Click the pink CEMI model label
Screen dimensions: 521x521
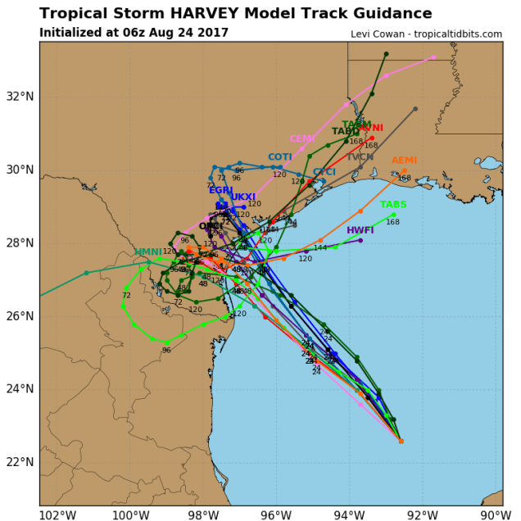[302, 139]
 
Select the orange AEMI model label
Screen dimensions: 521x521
[404, 161]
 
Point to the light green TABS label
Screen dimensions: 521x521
[393, 205]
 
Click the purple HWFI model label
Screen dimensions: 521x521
[360, 231]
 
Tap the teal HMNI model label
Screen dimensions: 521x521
[148, 252]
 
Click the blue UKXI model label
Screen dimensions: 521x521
[243, 197]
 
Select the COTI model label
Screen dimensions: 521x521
[280, 157]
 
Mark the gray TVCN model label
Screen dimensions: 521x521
[360, 157]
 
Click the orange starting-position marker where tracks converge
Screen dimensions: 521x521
[401, 441]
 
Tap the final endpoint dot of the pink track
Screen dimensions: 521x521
[434, 57]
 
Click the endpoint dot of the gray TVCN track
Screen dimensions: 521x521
[415, 109]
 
